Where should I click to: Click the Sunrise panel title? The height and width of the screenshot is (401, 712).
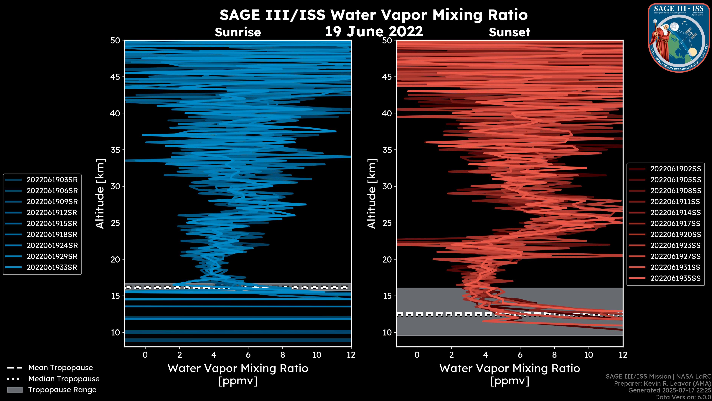238,32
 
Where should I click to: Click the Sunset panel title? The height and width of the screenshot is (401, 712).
509,32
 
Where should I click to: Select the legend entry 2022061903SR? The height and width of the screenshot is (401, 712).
52,180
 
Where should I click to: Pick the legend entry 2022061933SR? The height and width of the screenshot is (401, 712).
52,268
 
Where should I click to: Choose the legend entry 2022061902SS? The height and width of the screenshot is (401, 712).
675,169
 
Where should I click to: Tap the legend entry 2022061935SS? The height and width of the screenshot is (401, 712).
675,278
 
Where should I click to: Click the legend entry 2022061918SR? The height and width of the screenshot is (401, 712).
52,235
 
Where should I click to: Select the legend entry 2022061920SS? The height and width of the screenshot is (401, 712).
675,235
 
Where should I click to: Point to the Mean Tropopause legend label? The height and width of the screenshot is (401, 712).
60,368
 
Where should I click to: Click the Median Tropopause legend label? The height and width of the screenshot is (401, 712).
64,379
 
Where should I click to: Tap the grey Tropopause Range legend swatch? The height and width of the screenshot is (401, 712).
15,390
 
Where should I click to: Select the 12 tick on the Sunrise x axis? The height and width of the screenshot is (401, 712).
351,355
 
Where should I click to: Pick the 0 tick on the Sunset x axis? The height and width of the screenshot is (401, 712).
417,355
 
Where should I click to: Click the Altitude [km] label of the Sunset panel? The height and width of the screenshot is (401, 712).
372,194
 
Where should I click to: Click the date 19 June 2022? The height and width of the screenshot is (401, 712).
374,32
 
